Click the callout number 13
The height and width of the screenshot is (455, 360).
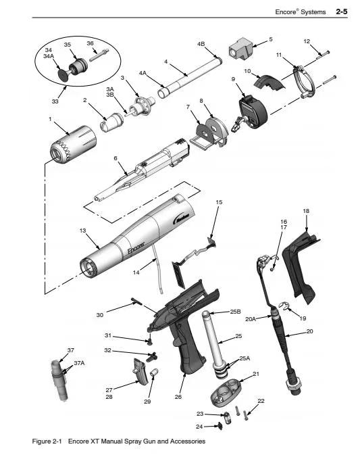pyautogui.click(x=82, y=231)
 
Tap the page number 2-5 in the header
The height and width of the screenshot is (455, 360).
pyautogui.click(x=342, y=11)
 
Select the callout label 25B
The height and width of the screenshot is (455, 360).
pyautogui.click(x=235, y=312)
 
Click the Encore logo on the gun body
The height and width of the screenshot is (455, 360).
pyautogui.click(x=136, y=247)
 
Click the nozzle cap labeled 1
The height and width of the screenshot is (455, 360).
pyautogui.click(x=73, y=145)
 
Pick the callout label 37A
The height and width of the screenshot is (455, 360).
pyautogui.click(x=79, y=363)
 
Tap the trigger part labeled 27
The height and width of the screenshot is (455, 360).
pyautogui.click(x=140, y=371)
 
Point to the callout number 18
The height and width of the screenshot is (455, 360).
pyautogui.click(x=306, y=211)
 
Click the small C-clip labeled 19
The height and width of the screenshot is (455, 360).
pyautogui.click(x=284, y=306)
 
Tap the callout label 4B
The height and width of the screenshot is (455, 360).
pyautogui.click(x=201, y=44)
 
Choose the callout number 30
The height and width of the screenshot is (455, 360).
pyautogui.click(x=100, y=315)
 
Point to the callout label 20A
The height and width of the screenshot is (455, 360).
pyautogui.click(x=251, y=319)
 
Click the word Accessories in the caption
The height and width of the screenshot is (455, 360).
pyautogui.click(x=188, y=441)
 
